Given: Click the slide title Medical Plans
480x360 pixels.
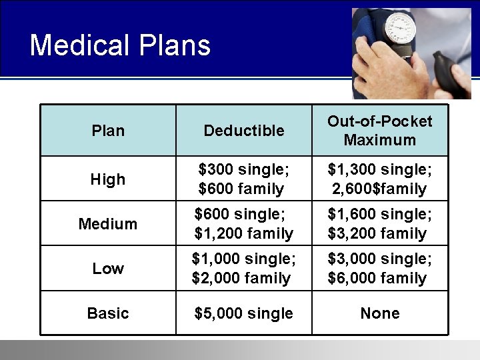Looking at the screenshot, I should click(120, 45).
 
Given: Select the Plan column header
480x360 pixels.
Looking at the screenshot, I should click(108, 131).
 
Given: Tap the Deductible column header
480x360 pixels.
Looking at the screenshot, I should click(244, 131).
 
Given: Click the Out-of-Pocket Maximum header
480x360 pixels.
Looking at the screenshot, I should click(379, 131).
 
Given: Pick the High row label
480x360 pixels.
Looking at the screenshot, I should click(108, 179).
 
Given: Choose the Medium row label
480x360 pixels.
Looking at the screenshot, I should click(108, 224).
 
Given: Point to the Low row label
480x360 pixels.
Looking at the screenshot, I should click(108, 269).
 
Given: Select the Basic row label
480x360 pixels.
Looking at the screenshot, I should click(108, 313).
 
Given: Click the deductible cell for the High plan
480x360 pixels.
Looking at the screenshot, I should click(243, 179).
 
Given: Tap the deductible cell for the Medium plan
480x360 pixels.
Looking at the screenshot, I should click(243, 224).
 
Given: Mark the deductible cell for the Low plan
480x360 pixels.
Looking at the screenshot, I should click(243, 269).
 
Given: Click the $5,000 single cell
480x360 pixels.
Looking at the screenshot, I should click(243, 313).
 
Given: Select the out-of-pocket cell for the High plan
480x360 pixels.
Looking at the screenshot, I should click(379, 179).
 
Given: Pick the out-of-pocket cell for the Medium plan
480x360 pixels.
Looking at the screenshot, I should click(379, 224).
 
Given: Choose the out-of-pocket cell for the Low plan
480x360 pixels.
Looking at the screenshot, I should click(379, 269).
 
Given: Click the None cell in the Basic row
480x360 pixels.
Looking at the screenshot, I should click(379, 313).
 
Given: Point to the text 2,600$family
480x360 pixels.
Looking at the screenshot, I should click(379, 189).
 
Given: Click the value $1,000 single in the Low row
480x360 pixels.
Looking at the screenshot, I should click(244, 259).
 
